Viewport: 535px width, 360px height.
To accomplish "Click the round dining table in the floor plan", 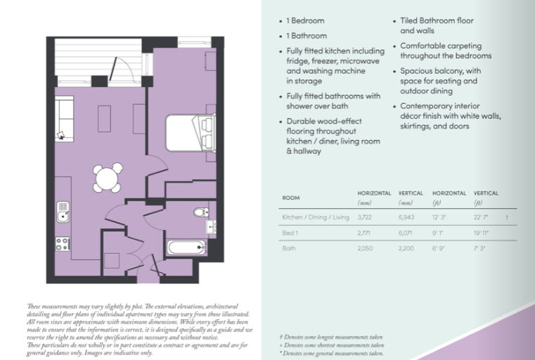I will (108, 178).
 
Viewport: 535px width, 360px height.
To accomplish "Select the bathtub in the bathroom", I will (186, 247).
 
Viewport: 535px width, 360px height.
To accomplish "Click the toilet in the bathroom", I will (201, 212).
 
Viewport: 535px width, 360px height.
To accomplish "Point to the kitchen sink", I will (63, 210).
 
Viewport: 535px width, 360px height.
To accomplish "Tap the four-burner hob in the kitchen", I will (63, 244).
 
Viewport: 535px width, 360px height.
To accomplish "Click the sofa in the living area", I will (64, 120).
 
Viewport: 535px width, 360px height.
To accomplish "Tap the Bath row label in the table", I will (290, 248).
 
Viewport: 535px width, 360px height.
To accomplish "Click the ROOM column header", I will (291, 198).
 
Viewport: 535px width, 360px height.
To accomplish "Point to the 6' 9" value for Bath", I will (440, 248).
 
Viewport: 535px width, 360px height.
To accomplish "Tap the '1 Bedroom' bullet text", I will (305, 21).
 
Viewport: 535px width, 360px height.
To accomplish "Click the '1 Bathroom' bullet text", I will (307, 36).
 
